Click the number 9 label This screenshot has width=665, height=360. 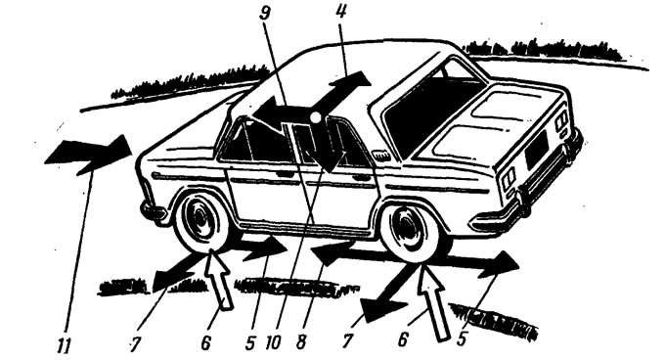click(265, 14)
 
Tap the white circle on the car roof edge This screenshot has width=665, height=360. click(315, 117)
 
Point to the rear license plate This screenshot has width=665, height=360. click(537, 150)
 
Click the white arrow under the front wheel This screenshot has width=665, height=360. click(217, 277)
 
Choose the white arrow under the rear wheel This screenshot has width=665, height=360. click(433, 303)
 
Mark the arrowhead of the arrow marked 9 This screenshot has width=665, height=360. click(266, 112)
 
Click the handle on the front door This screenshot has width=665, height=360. click(286, 174)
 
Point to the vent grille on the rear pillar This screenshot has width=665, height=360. click(380, 155)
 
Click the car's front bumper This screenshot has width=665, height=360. click(152, 211)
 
